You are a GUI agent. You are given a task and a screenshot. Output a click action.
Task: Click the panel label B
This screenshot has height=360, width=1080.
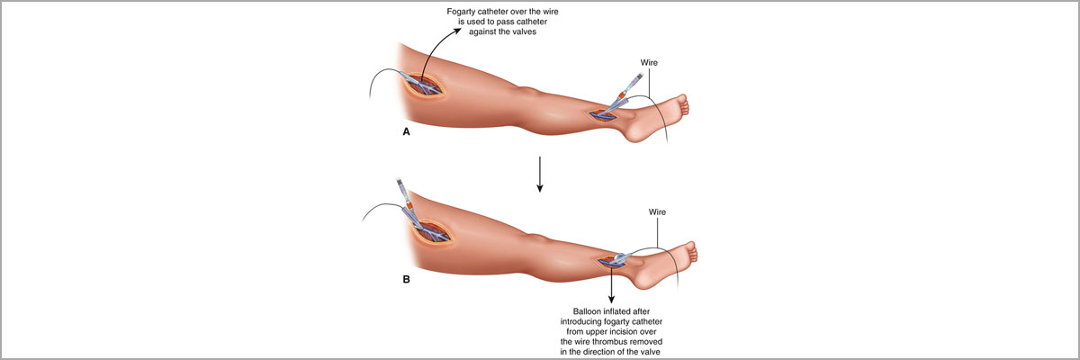click(x=406, y=279)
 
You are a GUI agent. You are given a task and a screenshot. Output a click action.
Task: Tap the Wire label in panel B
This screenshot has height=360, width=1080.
click(x=660, y=212)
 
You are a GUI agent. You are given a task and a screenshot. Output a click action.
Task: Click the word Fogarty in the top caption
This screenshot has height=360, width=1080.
click(x=466, y=10)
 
